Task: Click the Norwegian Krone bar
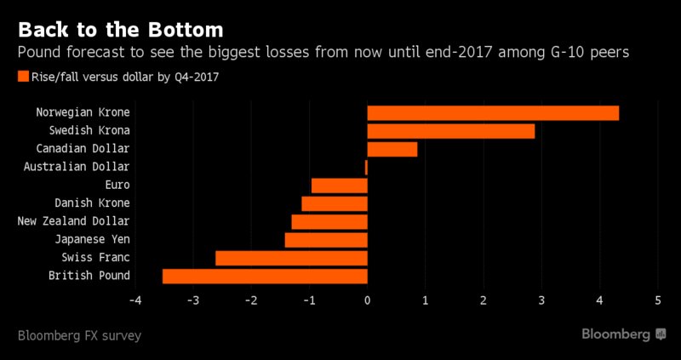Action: click(x=493, y=113)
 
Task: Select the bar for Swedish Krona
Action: click(x=450, y=131)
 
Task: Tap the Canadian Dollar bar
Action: click(x=392, y=149)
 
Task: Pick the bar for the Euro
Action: click(x=339, y=186)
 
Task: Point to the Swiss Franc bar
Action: click(x=291, y=258)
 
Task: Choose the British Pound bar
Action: click(x=265, y=276)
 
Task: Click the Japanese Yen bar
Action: click(x=326, y=240)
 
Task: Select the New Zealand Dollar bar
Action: click(x=329, y=221)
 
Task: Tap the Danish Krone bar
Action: click(x=335, y=203)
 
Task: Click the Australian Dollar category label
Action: click(x=77, y=167)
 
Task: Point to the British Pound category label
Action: click(x=89, y=276)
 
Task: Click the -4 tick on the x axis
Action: click(x=134, y=300)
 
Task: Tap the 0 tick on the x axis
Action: click(x=367, y=300)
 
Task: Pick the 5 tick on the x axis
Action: click(x=657, y=300)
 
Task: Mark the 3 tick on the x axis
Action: click(x=541, y=300)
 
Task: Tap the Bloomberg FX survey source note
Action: click(x=78, y=335)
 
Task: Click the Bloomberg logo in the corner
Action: click(x=623, y=334)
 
